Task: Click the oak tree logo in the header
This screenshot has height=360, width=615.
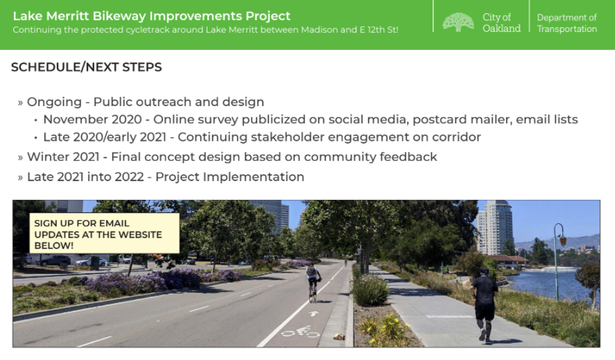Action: (x=458, y=22)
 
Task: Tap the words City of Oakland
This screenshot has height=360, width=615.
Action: (x=501, y=23)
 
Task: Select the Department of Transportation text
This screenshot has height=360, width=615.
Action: (x=566, y=23)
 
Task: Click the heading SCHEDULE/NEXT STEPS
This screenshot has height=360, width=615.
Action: (x=86, y=67)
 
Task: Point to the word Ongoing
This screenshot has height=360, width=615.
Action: (x=54, y=102)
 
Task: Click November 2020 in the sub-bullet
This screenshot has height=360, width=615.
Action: (x=93, y=119)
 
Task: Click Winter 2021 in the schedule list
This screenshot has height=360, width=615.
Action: (x=63, y=157)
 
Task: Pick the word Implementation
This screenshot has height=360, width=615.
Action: (x=253, y=177)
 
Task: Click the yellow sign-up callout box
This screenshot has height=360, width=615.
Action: (x=104, y=233)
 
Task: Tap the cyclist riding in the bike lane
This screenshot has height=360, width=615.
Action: (x=313, y=282)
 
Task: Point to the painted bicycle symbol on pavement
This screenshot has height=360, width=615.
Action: (x=301, y=332)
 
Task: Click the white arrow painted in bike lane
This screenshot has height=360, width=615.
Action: (x=313, y=314)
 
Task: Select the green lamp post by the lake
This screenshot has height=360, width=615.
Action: (x=557, y=261)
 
